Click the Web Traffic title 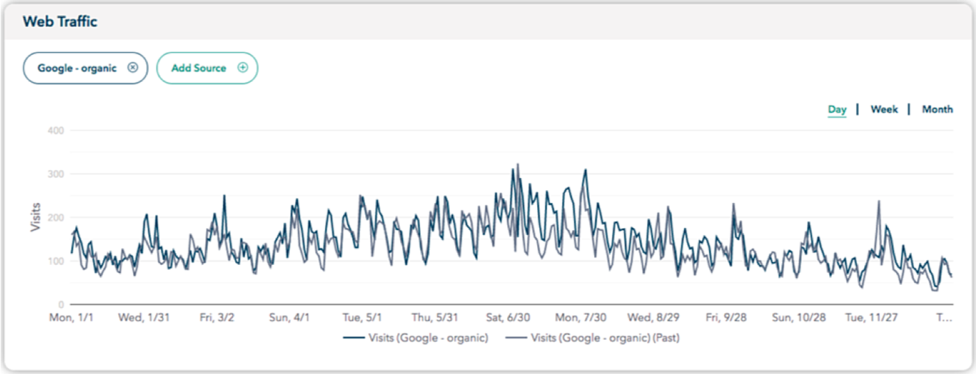60,22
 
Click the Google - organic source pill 77,68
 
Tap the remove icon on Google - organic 133,68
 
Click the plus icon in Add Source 243,68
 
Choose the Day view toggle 837,109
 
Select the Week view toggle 884,109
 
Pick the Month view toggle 937,109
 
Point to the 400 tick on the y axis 56,130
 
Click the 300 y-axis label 56,174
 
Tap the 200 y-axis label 56,218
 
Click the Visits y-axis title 35,218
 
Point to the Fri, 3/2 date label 217,318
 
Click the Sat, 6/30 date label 508,318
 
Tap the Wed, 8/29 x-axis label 653,318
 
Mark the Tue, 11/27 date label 871,318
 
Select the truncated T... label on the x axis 944,318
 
